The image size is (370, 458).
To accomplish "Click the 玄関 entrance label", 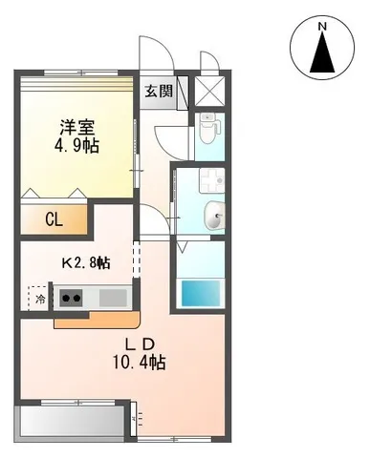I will click(159, 93).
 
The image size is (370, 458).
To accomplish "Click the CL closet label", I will click(54, 219).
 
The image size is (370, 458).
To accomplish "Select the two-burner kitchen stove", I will click(70, 298).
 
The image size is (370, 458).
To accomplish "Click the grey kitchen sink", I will click(113, 298).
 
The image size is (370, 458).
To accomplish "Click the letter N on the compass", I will click(322, 28).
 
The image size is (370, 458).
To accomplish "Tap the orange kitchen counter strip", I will click(96, 319).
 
